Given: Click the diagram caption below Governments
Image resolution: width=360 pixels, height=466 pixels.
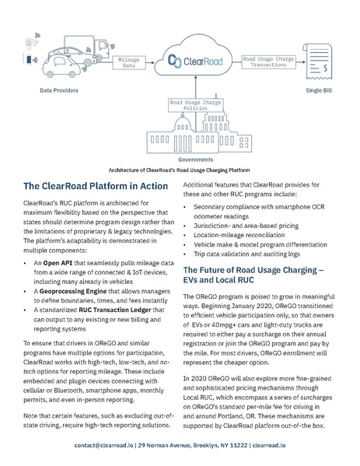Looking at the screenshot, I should click(x=180, y=169).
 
